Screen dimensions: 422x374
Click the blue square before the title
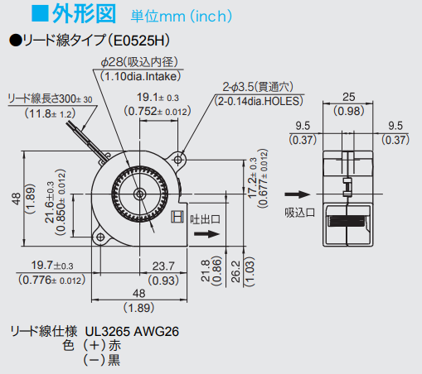click(40, 13)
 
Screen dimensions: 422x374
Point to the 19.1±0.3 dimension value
click(158, 98)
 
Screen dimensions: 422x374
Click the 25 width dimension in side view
click(349, 97)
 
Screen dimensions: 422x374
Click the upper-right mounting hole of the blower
click(178, 160)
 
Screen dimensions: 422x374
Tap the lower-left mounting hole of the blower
click(100, 237)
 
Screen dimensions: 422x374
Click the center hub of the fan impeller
click(139, 194)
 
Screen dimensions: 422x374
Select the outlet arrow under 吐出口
click(206, 234)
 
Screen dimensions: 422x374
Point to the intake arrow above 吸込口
click(298, 194)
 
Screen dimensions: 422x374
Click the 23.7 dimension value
click(163, 266)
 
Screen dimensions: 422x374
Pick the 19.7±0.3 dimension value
click(52, 266)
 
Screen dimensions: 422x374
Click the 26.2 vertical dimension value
click(235, 271)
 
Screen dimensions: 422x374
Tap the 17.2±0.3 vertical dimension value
click(252, 178)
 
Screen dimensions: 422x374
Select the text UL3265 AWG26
click(132, 331)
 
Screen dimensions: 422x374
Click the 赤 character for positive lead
click(114, 345)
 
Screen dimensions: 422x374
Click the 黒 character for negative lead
click(114, 360)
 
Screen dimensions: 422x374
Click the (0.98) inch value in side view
click(349, 111)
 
